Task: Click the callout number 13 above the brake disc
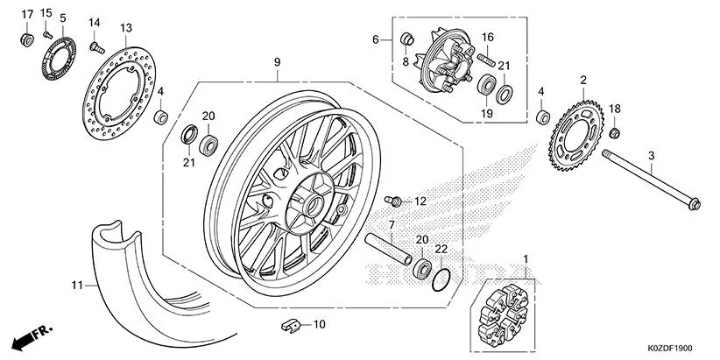(x=126, y=28)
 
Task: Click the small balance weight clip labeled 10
(x=290, y=326)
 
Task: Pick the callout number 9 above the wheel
(x=277, y=62)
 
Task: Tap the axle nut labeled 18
(x=616, y=132)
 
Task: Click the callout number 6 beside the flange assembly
(x=375, y=40)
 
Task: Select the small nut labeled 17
(x=27, y=39)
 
